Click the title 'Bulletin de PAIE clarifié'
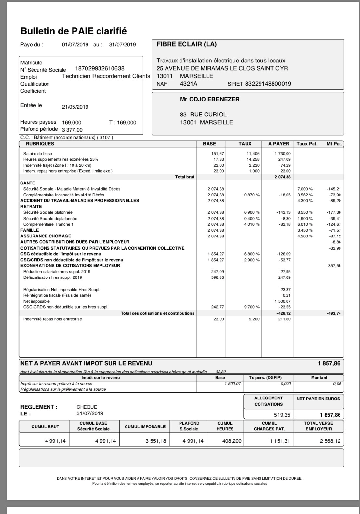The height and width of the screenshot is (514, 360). [73, 31]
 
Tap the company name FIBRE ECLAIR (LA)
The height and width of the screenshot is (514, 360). [187, 44]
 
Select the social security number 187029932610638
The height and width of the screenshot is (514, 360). [100, 69]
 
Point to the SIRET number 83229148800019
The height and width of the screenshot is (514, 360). [268, 84]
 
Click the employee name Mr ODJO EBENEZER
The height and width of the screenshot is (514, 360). [210, 100]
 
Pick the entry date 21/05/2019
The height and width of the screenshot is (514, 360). [75, 107]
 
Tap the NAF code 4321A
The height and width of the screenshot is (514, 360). [189, 84]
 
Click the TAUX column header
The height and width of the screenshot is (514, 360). [245, 144]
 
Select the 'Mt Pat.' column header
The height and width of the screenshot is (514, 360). [334, 144]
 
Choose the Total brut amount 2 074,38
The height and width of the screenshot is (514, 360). [282, 177]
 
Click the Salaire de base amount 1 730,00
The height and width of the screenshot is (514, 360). [282, 154]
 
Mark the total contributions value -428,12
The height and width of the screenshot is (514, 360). [284, 313]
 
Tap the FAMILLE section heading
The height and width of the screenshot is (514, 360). [30, 230]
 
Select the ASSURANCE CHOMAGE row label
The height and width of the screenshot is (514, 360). [46, 236]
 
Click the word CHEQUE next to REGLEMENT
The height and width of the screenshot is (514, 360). [87, 407]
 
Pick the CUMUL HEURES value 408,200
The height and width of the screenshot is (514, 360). [232, 441]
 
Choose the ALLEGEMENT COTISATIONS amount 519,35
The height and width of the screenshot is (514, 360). [282, 415]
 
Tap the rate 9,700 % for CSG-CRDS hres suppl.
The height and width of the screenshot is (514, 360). [251, 307]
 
